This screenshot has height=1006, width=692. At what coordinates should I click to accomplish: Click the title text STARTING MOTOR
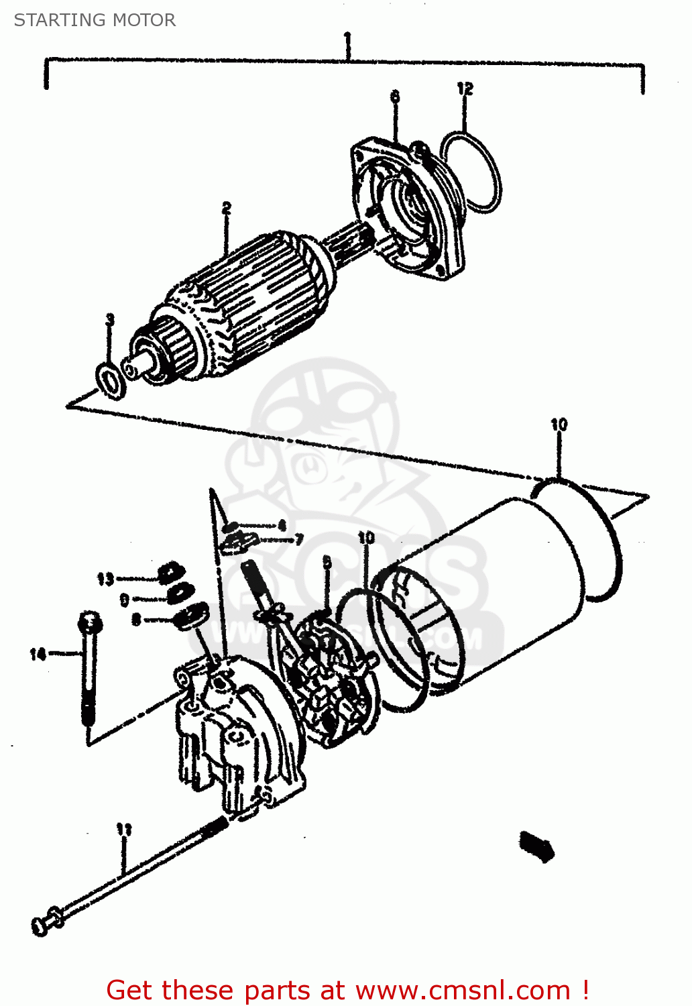(x=95, y=20)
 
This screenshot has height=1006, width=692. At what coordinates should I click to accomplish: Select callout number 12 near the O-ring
(x=465, y=89)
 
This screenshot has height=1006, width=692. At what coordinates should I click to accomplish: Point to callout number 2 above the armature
(x=227, y=209)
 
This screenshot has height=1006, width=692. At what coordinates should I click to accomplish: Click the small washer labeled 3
(x=111, y=380)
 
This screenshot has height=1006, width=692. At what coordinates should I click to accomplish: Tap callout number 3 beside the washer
(x=110, y=320)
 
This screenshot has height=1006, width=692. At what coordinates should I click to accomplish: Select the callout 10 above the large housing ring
(x=559, y=425)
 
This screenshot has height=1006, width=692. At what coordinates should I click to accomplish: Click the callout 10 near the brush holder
(x=366, y=538)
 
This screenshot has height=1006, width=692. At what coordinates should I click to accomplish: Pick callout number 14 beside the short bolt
(x=38, y=653)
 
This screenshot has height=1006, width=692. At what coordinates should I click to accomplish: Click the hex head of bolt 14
(x=89, y=623)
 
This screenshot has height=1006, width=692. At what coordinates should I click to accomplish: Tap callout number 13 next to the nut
(x=105, y=579)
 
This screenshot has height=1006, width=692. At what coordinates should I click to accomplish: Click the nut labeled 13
(x=171, y=572)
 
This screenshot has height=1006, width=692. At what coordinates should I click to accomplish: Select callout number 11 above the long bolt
(x=124, y=830)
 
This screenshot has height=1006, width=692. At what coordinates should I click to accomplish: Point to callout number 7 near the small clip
(x=299, y=539)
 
